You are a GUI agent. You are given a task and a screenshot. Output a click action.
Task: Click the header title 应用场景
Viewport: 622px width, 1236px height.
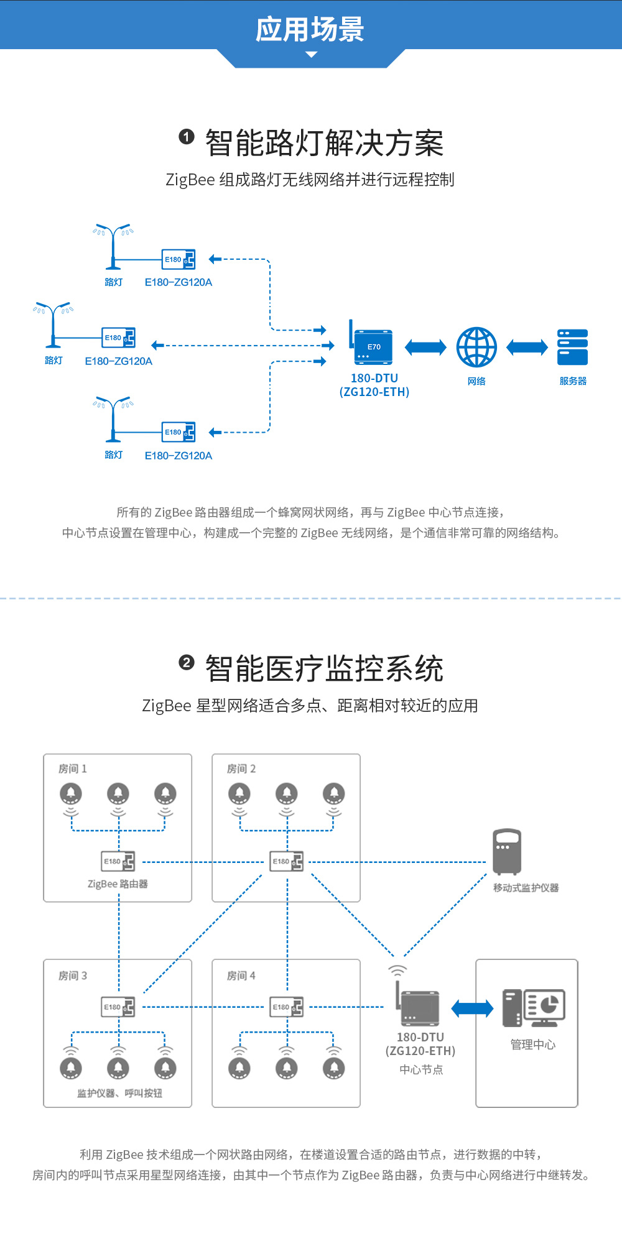310,29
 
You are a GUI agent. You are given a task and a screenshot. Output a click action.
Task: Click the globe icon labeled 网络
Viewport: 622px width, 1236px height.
476,347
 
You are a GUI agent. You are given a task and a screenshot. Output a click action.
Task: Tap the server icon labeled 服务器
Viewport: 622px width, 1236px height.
573,347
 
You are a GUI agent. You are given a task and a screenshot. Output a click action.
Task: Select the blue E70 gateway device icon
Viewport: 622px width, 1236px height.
373,346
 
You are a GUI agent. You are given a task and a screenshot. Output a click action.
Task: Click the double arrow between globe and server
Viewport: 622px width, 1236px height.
527,347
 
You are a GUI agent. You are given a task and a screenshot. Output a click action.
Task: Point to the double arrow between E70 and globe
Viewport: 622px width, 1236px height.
425,347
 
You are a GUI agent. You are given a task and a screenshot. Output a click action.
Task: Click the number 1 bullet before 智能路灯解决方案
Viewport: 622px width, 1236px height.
187,137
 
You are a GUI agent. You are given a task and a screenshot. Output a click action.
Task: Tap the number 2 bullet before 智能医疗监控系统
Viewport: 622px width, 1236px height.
187,663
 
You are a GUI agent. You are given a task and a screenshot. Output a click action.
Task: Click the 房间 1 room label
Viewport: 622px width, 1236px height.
73,769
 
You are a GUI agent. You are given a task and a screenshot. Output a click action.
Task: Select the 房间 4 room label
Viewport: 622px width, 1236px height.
241,976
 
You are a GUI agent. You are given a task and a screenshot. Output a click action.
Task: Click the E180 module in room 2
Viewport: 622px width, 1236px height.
287,862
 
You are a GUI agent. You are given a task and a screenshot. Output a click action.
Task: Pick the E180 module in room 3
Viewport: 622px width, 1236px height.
118,1007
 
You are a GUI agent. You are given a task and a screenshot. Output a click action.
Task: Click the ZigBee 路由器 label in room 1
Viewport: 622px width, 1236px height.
118,884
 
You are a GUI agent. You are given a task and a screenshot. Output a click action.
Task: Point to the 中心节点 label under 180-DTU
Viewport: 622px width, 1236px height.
421,1069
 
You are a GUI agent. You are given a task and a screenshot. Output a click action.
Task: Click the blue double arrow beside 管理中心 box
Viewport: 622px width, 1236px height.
472,1008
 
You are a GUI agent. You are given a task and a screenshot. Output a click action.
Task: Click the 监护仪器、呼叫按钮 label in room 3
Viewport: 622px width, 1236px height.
119,1093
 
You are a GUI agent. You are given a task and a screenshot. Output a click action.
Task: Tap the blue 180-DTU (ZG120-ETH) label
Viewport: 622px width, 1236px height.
374,385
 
